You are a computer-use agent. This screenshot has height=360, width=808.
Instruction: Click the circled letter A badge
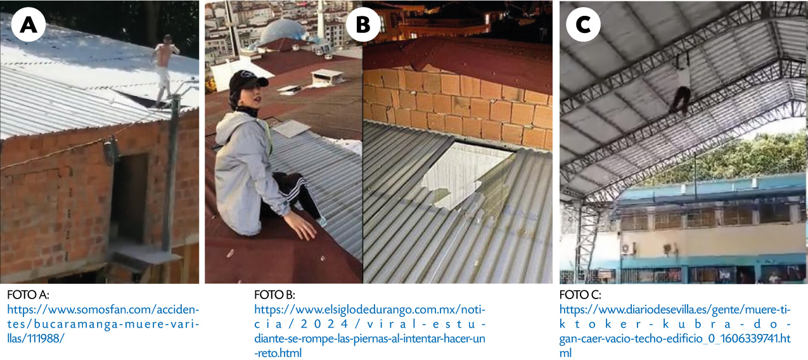tap(29, 25)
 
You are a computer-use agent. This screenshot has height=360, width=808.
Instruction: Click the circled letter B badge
tap(363, 25)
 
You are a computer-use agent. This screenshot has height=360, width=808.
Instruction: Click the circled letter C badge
tap(583, 25)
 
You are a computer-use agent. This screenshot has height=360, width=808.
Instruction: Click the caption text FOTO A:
tap(28, 295)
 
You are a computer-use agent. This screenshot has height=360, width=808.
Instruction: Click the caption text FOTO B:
tap(274, 295)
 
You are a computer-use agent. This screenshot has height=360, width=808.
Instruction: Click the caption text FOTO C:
tap(580, 295)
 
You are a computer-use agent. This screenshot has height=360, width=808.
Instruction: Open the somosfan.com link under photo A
tap(103, 324)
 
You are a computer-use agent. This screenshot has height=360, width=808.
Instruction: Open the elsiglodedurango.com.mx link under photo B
tap(369, 331)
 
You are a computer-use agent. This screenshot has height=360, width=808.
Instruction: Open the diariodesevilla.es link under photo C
tap(675, 331)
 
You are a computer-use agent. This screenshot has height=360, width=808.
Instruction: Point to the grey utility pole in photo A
tap(170, 173)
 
